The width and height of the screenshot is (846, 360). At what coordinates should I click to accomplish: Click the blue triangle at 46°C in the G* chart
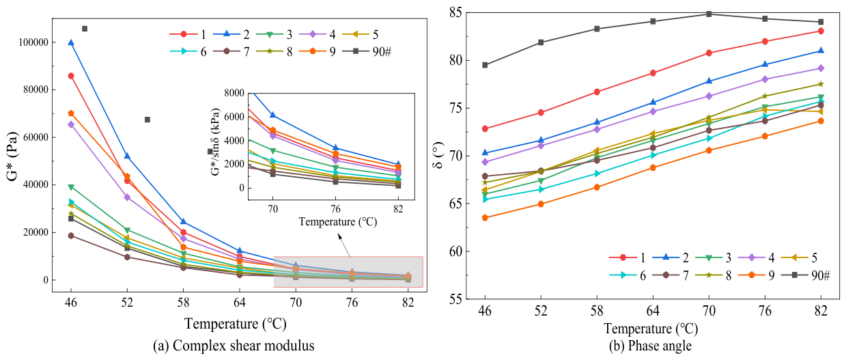pos(70,42)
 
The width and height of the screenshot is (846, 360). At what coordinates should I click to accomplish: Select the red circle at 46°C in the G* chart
pos(70,76)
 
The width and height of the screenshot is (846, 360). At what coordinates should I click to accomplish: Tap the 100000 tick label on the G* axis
pos(33,42)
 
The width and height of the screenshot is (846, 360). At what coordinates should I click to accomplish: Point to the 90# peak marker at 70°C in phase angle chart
pos(709,14)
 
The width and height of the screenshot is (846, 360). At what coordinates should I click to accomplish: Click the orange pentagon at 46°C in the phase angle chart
pos(485,218)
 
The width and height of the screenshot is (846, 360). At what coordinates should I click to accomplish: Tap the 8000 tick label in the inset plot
pos(234,93)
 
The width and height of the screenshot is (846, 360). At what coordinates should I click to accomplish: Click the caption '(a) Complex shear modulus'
pos(234,345)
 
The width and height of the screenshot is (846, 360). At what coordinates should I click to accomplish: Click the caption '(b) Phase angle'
pos(650,346)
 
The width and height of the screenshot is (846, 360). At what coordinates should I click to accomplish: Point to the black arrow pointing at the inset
pos(344,245)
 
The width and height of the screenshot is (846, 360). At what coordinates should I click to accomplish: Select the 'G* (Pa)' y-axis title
pos(12,156)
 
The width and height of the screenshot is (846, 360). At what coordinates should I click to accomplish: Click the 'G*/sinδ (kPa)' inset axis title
pos(215,142)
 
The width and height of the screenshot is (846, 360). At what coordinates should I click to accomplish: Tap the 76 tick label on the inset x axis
pos(335,209)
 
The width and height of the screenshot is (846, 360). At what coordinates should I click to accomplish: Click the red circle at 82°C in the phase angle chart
pos(821,31)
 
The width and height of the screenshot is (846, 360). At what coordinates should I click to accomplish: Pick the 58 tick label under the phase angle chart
pos(597,311)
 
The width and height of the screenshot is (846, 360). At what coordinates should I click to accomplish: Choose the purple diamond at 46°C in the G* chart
pos(70,124)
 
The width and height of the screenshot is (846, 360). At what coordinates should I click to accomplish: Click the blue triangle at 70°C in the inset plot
pos(272,115)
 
